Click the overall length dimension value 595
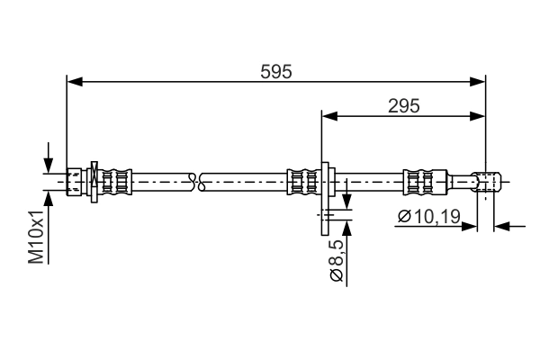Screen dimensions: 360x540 [276, 72]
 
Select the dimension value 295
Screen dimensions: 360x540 [404, 105]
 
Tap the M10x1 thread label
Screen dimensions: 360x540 [36, 236]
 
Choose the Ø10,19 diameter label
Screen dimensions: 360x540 [428, 216]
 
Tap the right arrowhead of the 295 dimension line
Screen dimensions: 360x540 [478, 115]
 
